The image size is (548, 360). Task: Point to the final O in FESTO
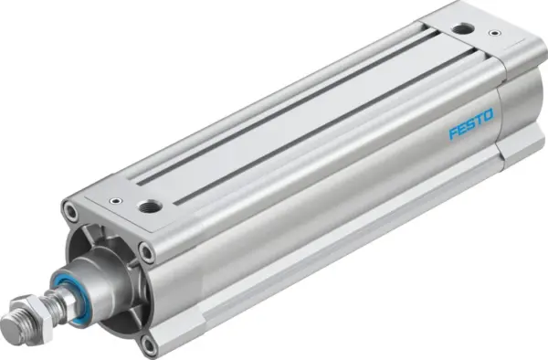pyautogui.click(x=490, y=115)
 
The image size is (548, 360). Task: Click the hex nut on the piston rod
pyautogui.click(x=39, y=309)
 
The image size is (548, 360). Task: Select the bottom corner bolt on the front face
pyautogui.click(x=149, y=344)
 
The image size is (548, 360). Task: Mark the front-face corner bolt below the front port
pyautogui.click(x=146, y=249)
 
